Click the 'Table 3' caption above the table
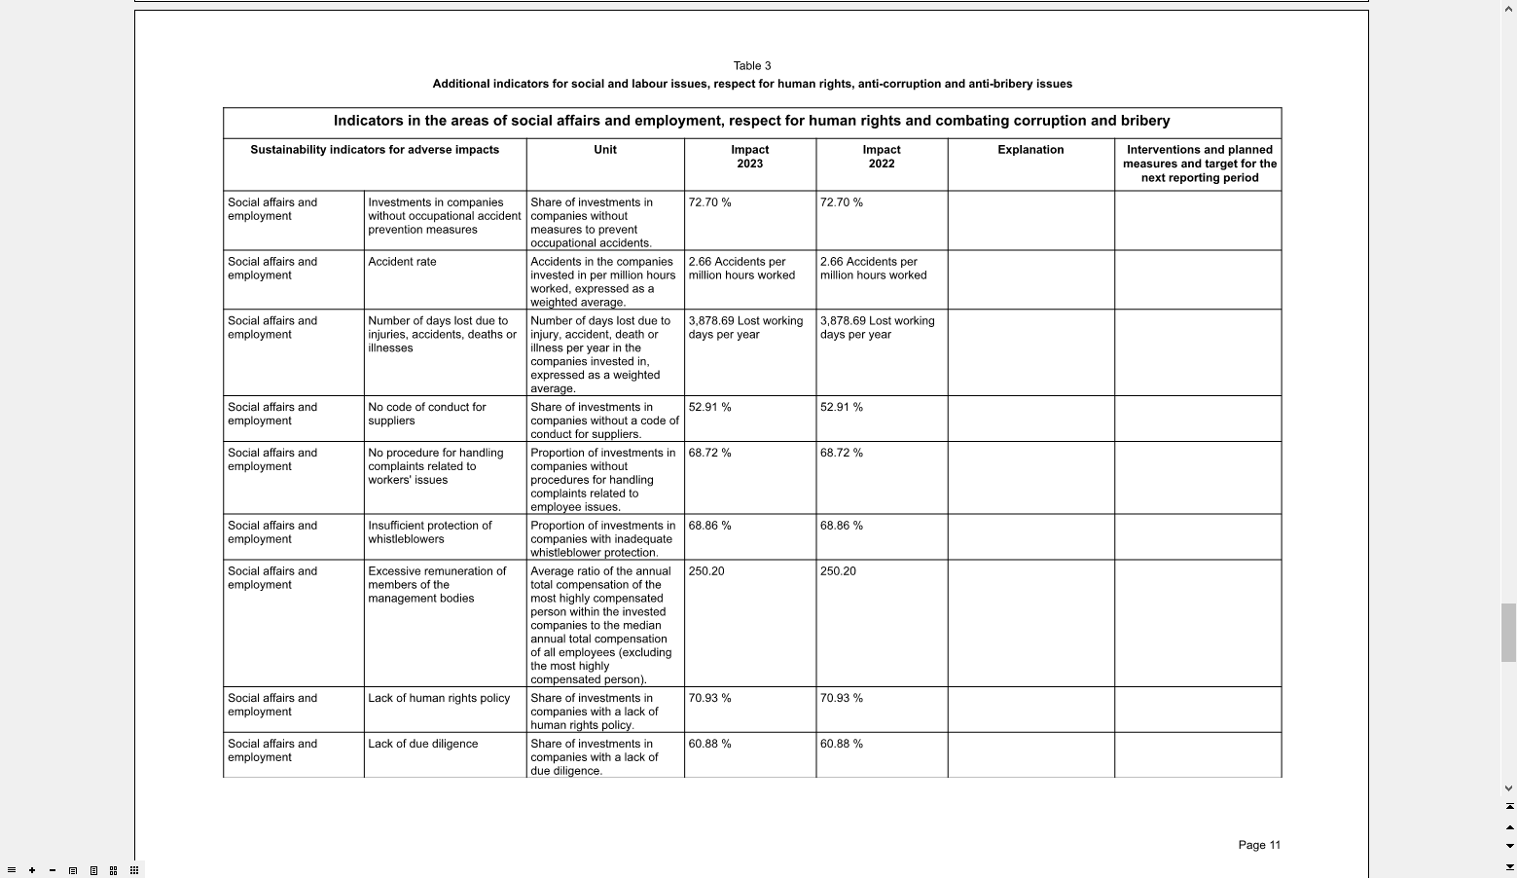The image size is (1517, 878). [752, 66]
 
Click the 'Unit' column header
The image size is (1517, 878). [605, 150]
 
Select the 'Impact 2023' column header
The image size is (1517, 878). [749, 157]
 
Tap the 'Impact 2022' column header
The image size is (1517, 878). [882, 157]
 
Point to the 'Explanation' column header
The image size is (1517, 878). [1030, 150]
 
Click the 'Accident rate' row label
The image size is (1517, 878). [402, 262]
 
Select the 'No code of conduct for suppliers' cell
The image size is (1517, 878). [427, 414]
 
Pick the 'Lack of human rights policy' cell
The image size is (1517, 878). [439, 698]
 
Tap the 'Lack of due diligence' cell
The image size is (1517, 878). [423, 744]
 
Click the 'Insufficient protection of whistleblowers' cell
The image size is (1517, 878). [429, 532]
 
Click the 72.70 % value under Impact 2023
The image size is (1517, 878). [709, 202]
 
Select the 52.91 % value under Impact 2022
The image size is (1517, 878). [841, 407]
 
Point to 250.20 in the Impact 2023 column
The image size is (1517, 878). [706, 571]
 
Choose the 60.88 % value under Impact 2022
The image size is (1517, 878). [841, 744]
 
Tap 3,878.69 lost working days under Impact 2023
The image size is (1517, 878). [745, 328]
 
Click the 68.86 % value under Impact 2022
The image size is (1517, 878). [841, 526]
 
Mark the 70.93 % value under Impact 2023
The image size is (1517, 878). [709, 698]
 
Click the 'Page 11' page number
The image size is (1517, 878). [1259, 845]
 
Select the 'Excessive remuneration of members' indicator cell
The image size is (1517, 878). [437, 585]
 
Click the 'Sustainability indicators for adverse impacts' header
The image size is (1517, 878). [375, 150]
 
